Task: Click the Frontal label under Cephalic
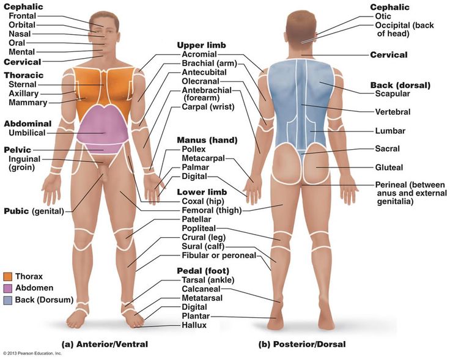tap(22, 16)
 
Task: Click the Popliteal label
tap(201, 228)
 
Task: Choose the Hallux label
tap(194, 325)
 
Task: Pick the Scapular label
tap(393, 94)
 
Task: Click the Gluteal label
tap(390, 167)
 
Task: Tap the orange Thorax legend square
tap(8, 276)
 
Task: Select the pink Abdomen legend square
tap(8, 288)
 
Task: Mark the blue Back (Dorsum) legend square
tap(8, 299)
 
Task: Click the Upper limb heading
tap(201, 45)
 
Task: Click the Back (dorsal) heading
tap(400, 84)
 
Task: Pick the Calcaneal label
tap(201, 288)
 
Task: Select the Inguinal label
tap(24, 159)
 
